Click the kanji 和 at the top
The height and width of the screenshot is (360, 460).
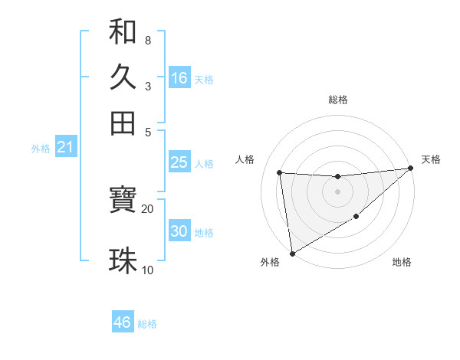coord(123,32)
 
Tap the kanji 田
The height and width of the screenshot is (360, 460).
coord(123,123)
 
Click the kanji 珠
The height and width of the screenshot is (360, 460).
coord(123,260)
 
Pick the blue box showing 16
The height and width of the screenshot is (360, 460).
coord(179,78)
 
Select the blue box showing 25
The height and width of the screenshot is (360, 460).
coord(179,162)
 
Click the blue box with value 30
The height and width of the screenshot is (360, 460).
coord(179,231)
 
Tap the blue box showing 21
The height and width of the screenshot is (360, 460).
coord(65,148)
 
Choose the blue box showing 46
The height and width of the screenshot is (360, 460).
coord(123,322)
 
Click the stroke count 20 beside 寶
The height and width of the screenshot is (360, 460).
coord(147,208)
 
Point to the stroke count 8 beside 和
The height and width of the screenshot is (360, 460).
coord(147,40)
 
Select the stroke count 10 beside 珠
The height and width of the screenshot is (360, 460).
coord(147,270)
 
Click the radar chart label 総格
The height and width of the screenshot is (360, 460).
coord(338,100)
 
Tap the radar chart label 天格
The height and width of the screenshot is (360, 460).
coord(431,159)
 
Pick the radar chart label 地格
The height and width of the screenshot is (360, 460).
coord(402,262)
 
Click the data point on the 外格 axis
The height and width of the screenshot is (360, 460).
coord(291,253)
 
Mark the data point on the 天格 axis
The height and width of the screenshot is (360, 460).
coord(411,169)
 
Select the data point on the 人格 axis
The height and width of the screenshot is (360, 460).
coord(280,172)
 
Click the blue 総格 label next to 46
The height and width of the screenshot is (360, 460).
coord(147,324)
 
